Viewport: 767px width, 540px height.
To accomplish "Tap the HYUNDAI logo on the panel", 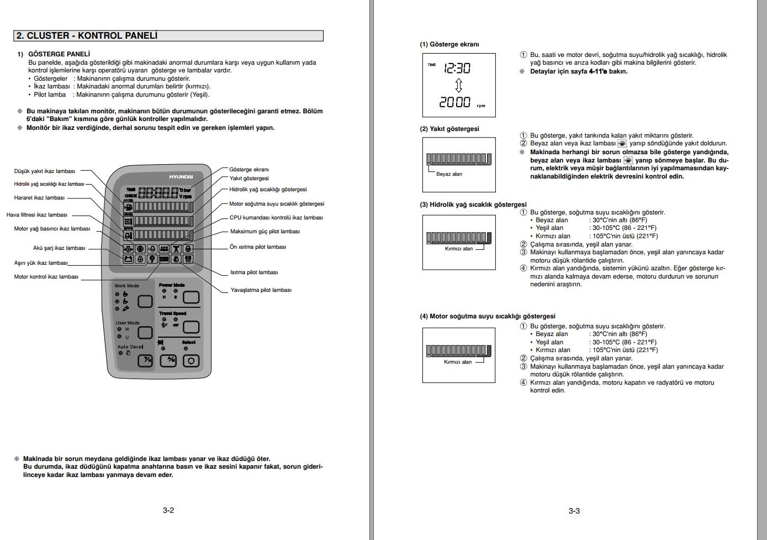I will point(181,176).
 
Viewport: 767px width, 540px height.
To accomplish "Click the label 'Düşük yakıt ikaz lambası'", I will point(44,171).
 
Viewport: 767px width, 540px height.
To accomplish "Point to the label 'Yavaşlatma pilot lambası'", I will point(261,290).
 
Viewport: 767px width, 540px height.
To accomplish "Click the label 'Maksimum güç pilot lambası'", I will point(265,232).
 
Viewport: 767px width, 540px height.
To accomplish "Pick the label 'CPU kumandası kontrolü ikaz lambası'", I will point(276,218).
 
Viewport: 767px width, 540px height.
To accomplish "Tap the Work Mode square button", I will point(145,301).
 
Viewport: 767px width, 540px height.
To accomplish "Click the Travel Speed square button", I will point(191,327).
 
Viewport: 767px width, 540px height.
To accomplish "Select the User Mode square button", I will point(145,332).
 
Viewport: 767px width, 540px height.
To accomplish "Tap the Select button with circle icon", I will point(191,361).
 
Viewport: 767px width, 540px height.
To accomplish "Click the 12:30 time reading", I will point(457,69).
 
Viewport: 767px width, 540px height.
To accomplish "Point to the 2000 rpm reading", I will point(456,102).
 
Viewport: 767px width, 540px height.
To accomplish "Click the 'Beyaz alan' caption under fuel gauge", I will point(449,174).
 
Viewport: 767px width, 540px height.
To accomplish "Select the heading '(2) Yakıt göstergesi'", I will point(449,129).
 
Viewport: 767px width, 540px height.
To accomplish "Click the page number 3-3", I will point(574,511).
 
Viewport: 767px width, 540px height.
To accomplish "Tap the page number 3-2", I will point(168,510).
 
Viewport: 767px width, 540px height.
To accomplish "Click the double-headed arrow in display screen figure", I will point(458,85).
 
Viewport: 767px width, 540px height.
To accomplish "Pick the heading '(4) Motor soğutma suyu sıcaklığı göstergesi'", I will point(487,316).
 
